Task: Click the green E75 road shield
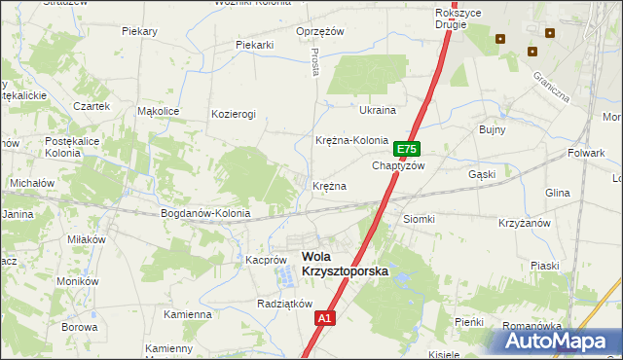(x=407, y=150)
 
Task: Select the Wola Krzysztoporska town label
(x=345, y=264)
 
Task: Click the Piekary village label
(x=140, y=31)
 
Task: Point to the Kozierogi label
(x=234, y=114)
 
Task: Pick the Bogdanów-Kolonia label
(x=205, y=212)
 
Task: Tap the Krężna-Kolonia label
(x=351, y=140)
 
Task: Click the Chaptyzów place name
(x=399, y=165)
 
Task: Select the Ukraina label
(x=378, y=110)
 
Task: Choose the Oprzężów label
(x=321, y=31)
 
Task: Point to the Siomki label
(x=419, y=219)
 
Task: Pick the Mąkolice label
(x=159, y=111)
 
